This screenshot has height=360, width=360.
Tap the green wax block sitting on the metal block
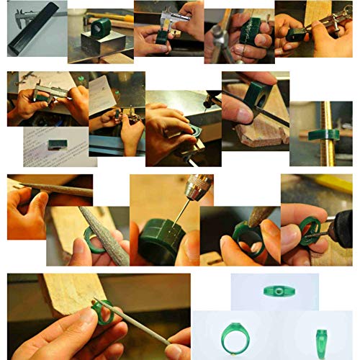tap(100, 29)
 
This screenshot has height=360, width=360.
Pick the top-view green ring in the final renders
tap(274, 292)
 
